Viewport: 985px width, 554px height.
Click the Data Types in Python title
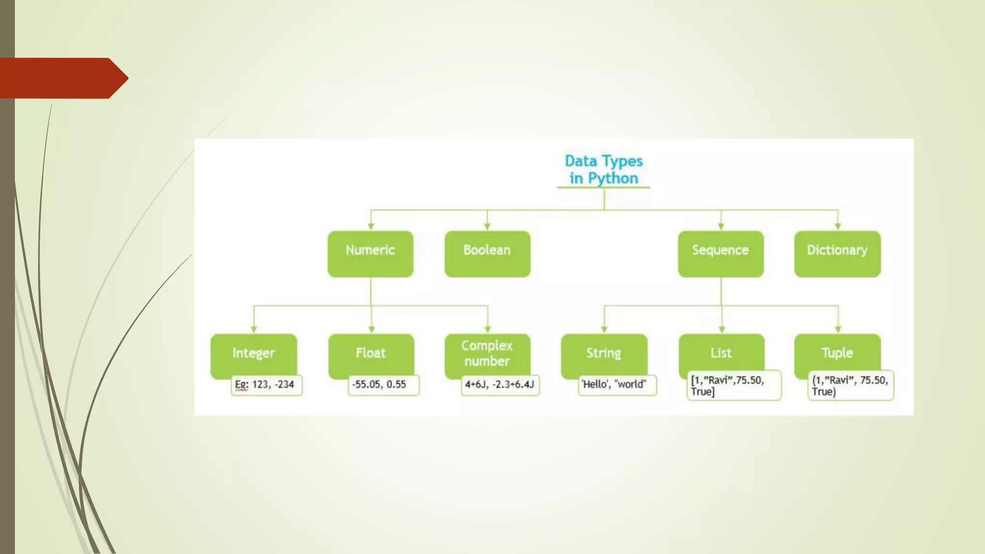click(x=604, y=169)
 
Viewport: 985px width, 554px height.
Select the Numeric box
click(x=370, y=254)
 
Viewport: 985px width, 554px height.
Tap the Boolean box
click(x=487, y=254)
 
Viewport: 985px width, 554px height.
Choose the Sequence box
click(x=720, y=254)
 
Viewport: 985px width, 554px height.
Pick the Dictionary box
click(x=837, y=254)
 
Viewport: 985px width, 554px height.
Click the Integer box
click(x=253, y=353)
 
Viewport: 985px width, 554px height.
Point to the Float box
click(x=371, y=353)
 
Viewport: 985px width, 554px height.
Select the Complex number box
click(x=487, y=353)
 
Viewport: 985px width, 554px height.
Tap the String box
click(x=604, y=353)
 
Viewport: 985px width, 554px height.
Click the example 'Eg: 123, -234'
click(x=266, y=385)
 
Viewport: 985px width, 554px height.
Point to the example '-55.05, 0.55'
click(x=383, y=385)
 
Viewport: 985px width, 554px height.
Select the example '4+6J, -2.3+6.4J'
click(x=500, y=385)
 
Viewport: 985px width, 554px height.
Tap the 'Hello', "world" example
click(x=617, y=385)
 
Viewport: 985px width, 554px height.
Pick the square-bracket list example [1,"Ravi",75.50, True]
click(x=734, y=386)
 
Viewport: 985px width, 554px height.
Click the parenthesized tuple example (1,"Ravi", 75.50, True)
click(x=850, y=386)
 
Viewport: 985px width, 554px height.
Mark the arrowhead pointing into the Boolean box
click(x=487, y=226)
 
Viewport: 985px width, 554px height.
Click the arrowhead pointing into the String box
click(x=604, y=329)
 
